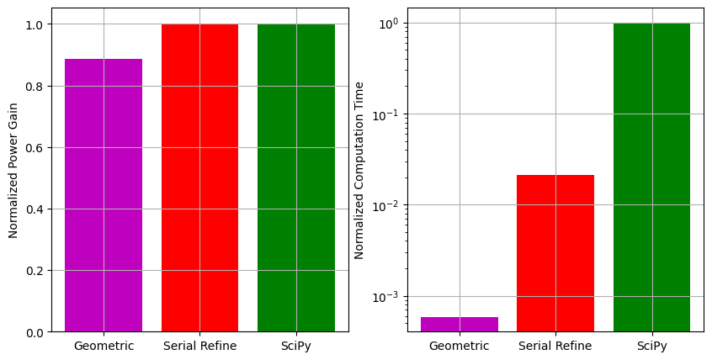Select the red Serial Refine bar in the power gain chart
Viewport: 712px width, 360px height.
click(x=199, y=177)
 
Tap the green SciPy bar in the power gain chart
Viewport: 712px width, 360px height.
click(x=295, y=177)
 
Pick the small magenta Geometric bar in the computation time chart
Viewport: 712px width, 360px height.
click(x=460, y=324)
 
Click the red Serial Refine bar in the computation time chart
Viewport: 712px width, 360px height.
click(x=555, y=252)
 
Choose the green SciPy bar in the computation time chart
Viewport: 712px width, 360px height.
click(x=651, y=177)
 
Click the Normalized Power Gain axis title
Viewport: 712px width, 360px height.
click(x=13, y=170)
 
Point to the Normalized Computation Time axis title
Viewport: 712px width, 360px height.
click(x=359, y=170)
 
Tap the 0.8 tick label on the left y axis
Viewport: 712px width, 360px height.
click(x=35, y=86)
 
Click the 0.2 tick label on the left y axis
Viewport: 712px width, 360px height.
click(x=35, y=271)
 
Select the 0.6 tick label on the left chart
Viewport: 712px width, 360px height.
click(x=35, y=148)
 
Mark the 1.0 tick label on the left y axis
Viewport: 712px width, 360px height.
click(x=35, y=24)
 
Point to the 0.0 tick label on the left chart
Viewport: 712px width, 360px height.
click(x=35, y=332)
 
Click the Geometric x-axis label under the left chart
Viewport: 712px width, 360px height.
click(x=104, y=346)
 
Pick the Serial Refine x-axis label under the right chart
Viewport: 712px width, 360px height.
click(x=555, y=346)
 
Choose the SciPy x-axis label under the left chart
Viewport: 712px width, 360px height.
click(x=295, y=346)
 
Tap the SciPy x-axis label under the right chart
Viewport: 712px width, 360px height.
click(x=651, y=346)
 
